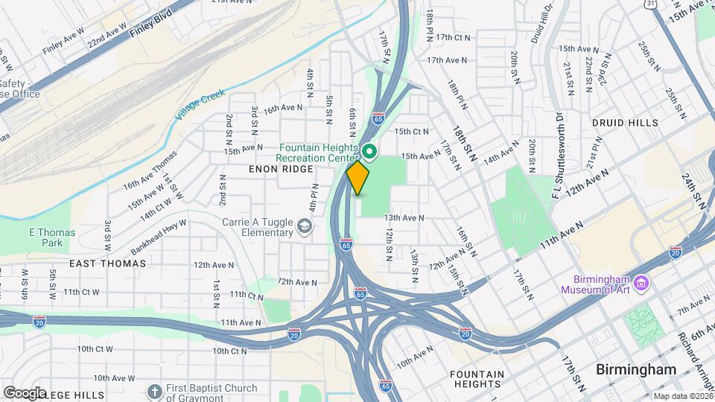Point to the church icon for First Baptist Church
[154, 392]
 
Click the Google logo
[25, 392]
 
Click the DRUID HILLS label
[625, 122]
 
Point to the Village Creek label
[200, 107]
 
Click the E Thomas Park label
[52, 237]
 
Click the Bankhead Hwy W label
[160, 231]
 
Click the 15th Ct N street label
[412, 132]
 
